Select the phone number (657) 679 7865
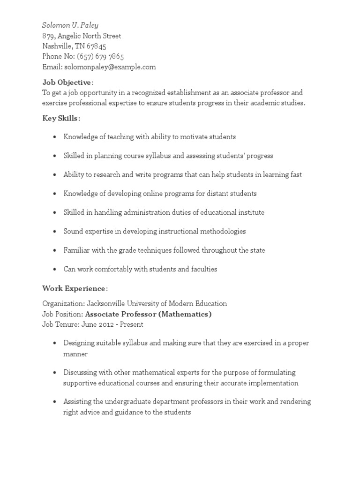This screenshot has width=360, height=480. point(100,57)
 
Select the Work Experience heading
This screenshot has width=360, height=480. point(75,288)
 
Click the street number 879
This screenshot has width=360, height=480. point(48,36)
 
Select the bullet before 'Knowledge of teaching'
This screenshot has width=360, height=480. point(55,137)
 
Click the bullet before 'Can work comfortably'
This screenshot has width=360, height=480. point(55,270)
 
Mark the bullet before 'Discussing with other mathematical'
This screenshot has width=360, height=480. point(55,373)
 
